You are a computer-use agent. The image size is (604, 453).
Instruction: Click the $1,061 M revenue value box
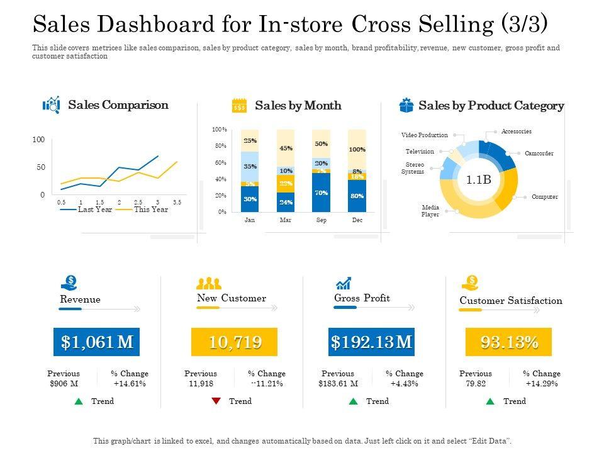coord(98,342)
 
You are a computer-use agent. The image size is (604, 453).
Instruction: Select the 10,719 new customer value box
coord(235,342)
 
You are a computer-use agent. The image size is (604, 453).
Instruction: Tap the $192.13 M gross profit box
coord(372,342)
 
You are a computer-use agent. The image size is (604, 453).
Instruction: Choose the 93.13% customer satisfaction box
coord(509,342)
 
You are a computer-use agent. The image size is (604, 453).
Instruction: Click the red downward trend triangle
coord(216,401)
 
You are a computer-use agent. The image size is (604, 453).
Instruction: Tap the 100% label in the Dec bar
coord(357,150)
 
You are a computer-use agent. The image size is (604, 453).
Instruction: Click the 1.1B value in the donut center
coord(478,180)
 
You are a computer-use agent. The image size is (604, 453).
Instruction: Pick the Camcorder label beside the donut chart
coord(539,154)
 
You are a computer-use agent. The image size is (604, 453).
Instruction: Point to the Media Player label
coord(431,211)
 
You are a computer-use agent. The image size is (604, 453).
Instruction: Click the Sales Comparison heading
coord(118,105)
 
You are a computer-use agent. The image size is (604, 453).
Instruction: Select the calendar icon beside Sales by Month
coord(239,105)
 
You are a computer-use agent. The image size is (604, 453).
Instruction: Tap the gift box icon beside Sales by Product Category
coord(406,106)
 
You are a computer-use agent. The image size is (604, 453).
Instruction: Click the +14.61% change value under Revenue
coord(130,384)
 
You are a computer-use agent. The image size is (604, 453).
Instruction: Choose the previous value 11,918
coord(200,384)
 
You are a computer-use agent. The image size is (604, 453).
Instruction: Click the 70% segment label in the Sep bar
coord(321,193)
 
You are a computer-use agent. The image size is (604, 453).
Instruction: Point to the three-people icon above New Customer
coord(209,284)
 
